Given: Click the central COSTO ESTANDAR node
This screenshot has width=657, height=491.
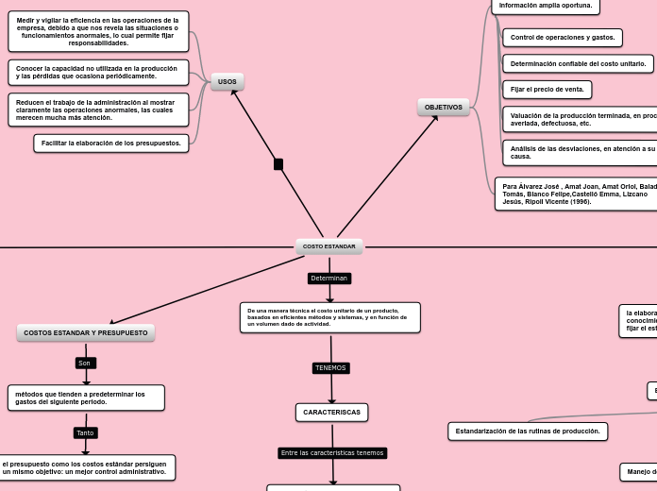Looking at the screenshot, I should click(x=328, y=246).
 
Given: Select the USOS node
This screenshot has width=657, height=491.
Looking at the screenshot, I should click(x=227, y=82).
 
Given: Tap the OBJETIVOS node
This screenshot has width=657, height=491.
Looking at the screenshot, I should click(x=443, y=108).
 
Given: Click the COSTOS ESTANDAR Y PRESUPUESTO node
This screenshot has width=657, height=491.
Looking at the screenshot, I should click(x=86, y=332).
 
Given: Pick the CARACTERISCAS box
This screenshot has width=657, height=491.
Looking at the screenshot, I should click(x=331, y=412).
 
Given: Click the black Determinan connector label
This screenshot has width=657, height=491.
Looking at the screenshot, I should click(x=329, y=279).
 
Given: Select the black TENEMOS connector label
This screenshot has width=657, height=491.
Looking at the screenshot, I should click(x=330, y=367).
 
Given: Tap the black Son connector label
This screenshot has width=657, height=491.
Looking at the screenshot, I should click(x=85, y=363).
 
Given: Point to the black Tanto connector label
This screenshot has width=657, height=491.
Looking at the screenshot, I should click(x=85, y=432).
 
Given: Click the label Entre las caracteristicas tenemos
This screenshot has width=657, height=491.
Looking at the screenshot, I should click(x=332, y=452).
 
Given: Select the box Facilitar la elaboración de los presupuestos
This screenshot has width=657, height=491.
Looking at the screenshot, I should click(x=111, y=143).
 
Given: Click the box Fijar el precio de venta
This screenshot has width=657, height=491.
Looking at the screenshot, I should click(x=547, y=90).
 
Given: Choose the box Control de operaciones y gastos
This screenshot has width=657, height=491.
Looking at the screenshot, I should click(x=563, y=38).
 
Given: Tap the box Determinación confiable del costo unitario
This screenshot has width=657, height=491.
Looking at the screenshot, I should click(x=578, y=64).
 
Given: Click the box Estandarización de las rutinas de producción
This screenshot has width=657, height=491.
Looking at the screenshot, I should click(x=528, y=431).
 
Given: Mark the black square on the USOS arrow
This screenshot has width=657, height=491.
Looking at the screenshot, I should click(x=278, y=164).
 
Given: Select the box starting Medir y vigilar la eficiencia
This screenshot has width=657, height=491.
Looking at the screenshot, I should click(x=97, y=31).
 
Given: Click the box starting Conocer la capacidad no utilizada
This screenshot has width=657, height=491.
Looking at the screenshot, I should click(x=97, y=73).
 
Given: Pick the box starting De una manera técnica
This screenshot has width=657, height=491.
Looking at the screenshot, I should click(x=329, y=317).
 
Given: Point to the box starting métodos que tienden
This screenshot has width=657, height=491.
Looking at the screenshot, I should click(x=86, y=398).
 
